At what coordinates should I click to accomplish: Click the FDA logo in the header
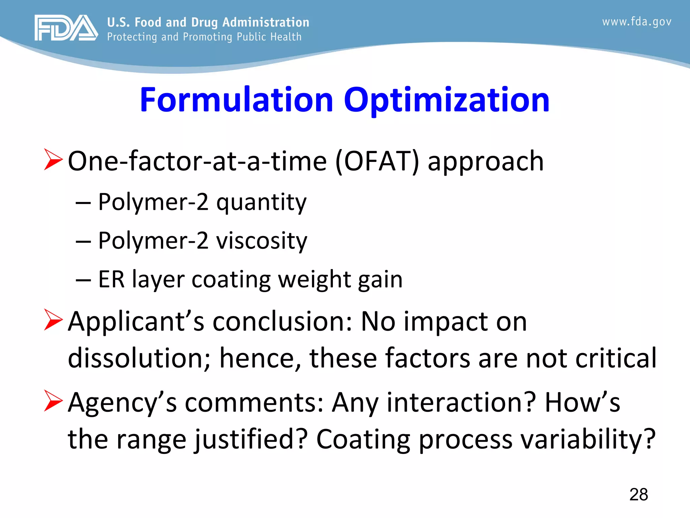click(x=66, y=28)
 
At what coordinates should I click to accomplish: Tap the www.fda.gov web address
click(x=636, y=22)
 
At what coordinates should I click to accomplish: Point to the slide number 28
click(x=638, y=495)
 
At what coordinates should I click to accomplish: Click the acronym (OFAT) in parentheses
click(x=377, y=161)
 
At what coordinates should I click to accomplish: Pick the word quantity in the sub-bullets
click(x=261, y=203)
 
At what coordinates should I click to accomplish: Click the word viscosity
click(x=261, y=241)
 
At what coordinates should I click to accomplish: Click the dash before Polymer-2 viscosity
click(x=83, y=241)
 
